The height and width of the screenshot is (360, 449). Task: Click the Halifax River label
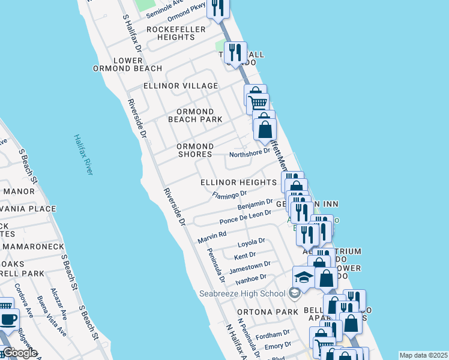(83, 154)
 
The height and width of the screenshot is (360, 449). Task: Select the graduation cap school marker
(303, 277)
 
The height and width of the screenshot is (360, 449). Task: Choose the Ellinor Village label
(181, 86)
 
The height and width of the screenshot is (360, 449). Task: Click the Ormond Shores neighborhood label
(195, 150)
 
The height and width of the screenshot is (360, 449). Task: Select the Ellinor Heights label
(238, 181)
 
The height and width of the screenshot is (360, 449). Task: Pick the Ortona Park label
(267, 312)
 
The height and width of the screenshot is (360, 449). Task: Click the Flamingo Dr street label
(230, 194)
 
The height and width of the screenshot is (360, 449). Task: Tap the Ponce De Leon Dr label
(246, 217)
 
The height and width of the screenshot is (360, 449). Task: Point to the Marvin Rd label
(211, 237)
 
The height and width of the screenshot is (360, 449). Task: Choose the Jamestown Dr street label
(250, 266)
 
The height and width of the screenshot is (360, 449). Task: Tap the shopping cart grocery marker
(258, 103)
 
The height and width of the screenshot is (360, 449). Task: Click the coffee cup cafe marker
(7, 319)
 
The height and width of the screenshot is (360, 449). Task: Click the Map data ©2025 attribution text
(423, 355)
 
